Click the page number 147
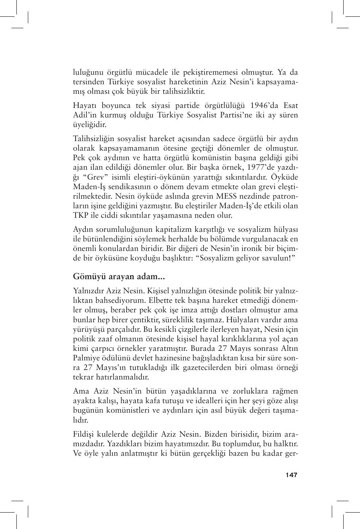pos(291,475)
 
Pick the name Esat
pos(289,105)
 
